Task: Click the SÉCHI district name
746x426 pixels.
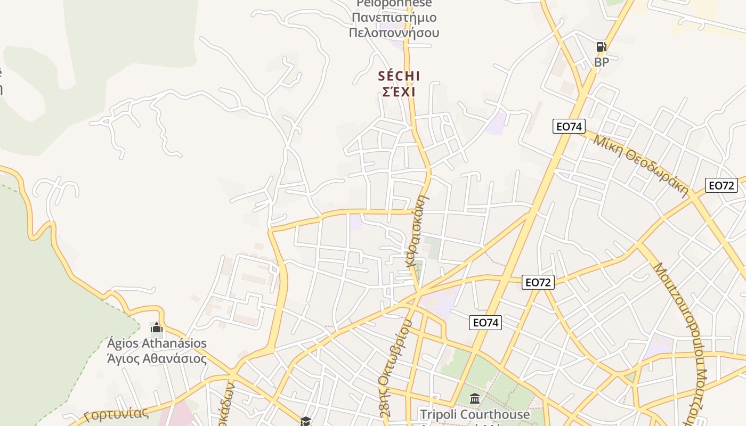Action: pos(399,76)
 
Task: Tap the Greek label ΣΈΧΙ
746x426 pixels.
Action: pos(399,92)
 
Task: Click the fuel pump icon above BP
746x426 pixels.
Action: pos(601,47)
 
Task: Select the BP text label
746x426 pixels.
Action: pos(601,62)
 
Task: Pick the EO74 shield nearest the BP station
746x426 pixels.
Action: pos(569,126)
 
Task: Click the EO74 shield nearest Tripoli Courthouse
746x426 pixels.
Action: pos(485,322)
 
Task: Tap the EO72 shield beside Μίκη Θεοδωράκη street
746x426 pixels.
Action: pos(721,185)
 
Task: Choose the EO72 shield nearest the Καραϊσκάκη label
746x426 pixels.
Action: pos(538,282)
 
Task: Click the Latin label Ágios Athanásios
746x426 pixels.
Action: pos(157,343)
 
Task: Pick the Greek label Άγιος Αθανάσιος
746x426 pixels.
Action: pos(157,358)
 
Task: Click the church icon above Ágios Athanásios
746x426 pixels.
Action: pos(156,326)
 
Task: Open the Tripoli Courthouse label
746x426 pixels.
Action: pos(475,414)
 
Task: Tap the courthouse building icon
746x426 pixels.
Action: pos(475,398)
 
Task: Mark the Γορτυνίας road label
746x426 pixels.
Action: pos(116,414)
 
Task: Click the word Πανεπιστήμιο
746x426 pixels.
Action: pos(394,18)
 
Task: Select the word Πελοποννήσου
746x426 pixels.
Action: pos(394,32)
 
